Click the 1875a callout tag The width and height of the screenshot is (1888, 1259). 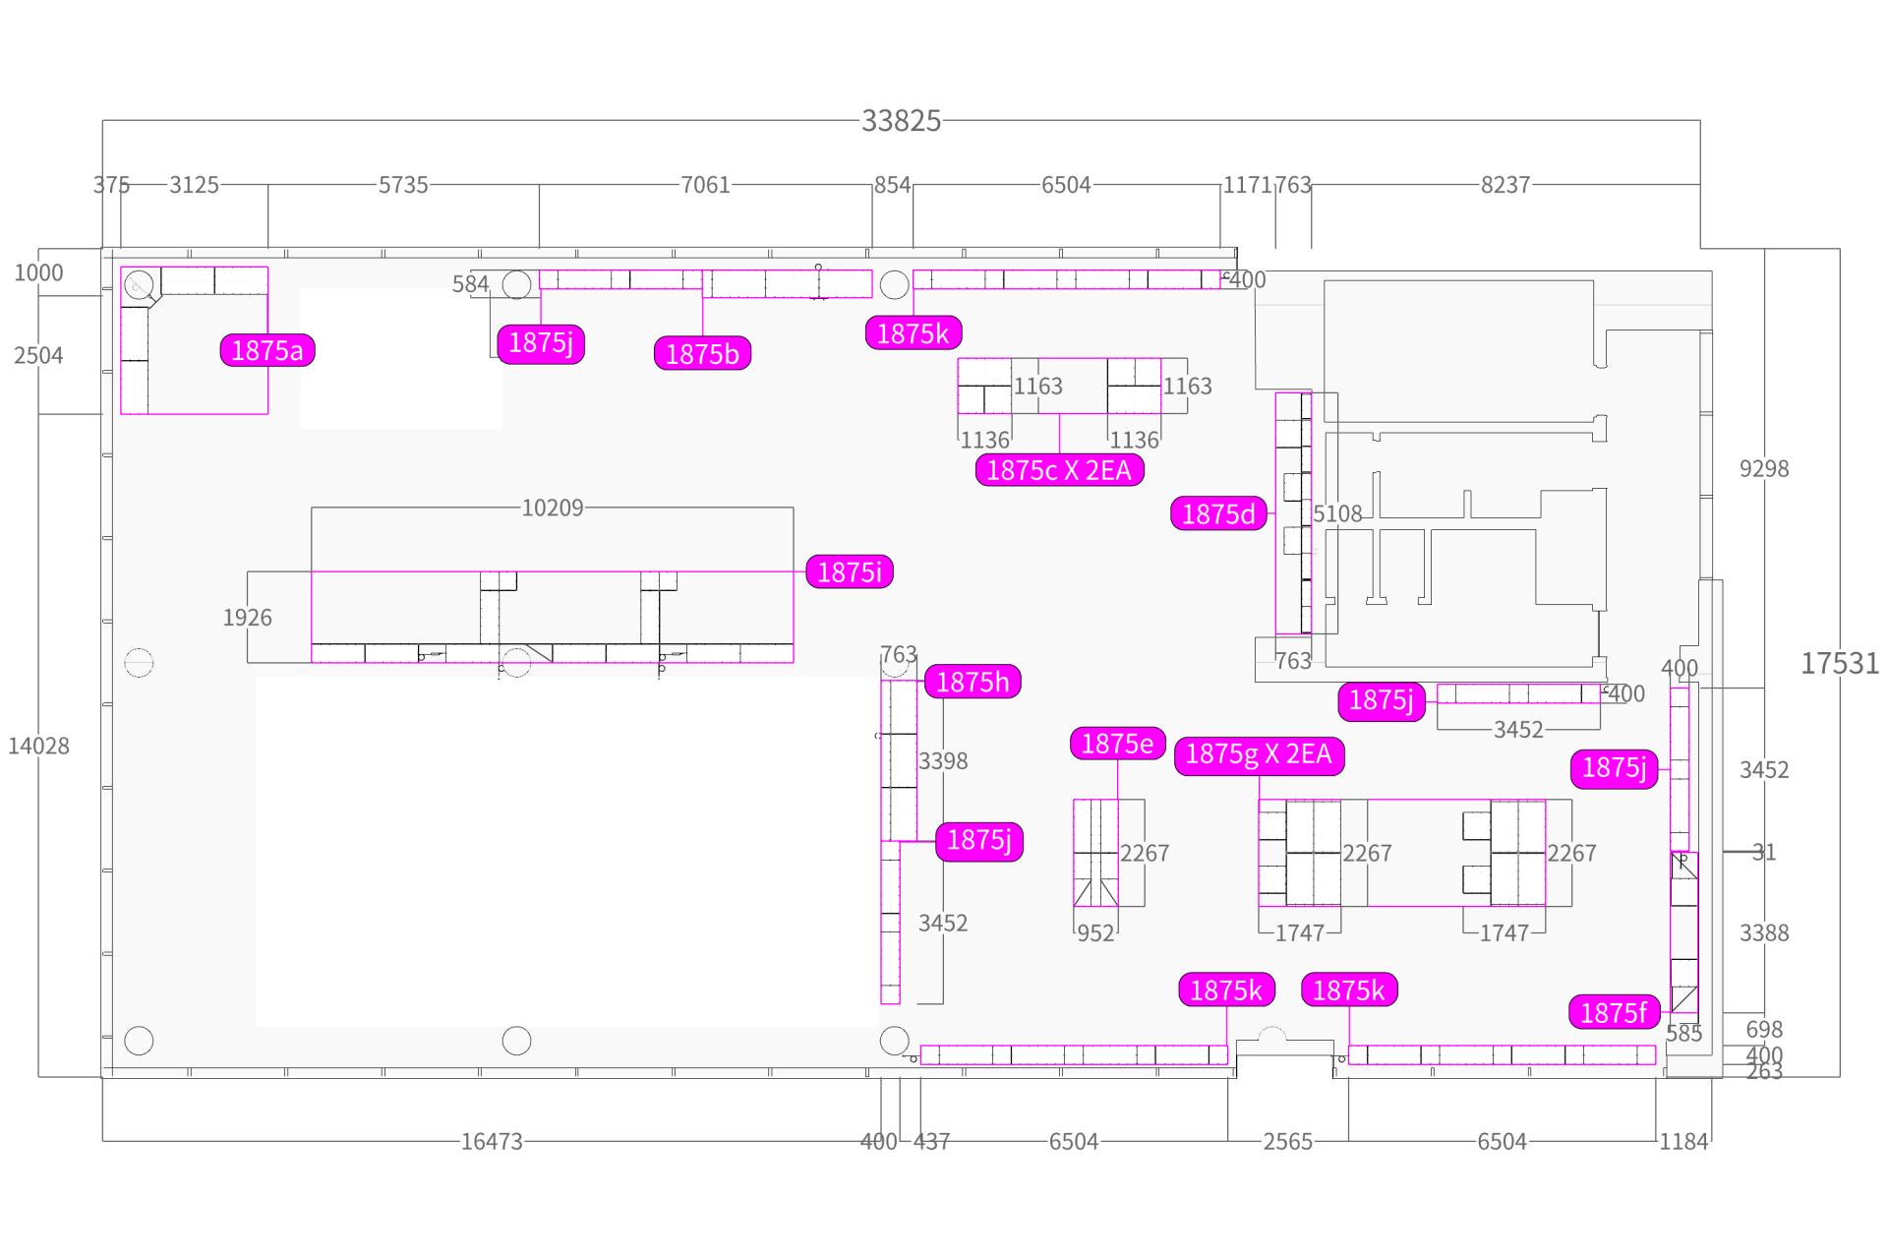(267, 350)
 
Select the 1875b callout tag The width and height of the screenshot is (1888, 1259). (702, 353)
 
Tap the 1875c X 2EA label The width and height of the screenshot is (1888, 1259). (1059, 470)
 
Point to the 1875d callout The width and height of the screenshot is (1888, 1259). (1218, 513)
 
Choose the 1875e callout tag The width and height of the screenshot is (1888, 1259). (1117, 744)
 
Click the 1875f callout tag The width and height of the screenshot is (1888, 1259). (1614, 1012)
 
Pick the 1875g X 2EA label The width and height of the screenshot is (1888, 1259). (1259, 754)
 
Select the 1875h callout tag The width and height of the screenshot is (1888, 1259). (973, 682)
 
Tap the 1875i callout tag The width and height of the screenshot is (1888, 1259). (850, 571)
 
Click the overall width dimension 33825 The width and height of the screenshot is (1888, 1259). (902, 121)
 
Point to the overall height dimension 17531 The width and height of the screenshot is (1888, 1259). (1840, 664)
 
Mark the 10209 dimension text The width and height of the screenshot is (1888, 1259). (553, 508)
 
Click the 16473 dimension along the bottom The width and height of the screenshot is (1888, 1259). (492, 1141)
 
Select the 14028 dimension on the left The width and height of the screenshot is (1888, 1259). (38, 746)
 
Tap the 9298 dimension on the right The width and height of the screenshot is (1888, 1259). (1764, 468)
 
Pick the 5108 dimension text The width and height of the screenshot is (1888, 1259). (1337, 513)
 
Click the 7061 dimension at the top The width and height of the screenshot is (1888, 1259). (705, 185)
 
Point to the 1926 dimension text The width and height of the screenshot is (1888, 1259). (247, 618)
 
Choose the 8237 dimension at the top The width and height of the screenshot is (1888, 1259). (1505, 185)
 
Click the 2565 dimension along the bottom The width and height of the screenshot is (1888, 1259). (1288, 1141)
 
